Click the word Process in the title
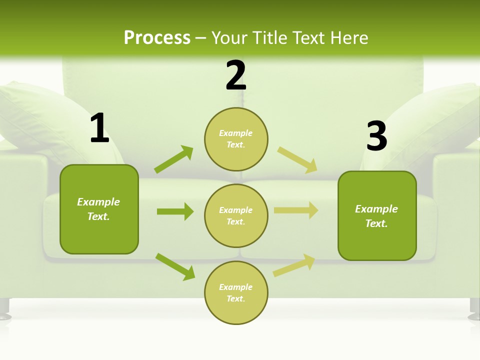coord(157,38)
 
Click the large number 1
coord(99,128)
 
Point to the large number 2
coord(236,75)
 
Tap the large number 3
coord(376,136)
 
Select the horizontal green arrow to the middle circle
coord(175,211)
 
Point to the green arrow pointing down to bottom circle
coord(175,266)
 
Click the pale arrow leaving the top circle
coord(297,160)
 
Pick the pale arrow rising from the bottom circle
coord(294,265)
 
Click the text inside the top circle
coord(236,139)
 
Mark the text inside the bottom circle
coord(236,293)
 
